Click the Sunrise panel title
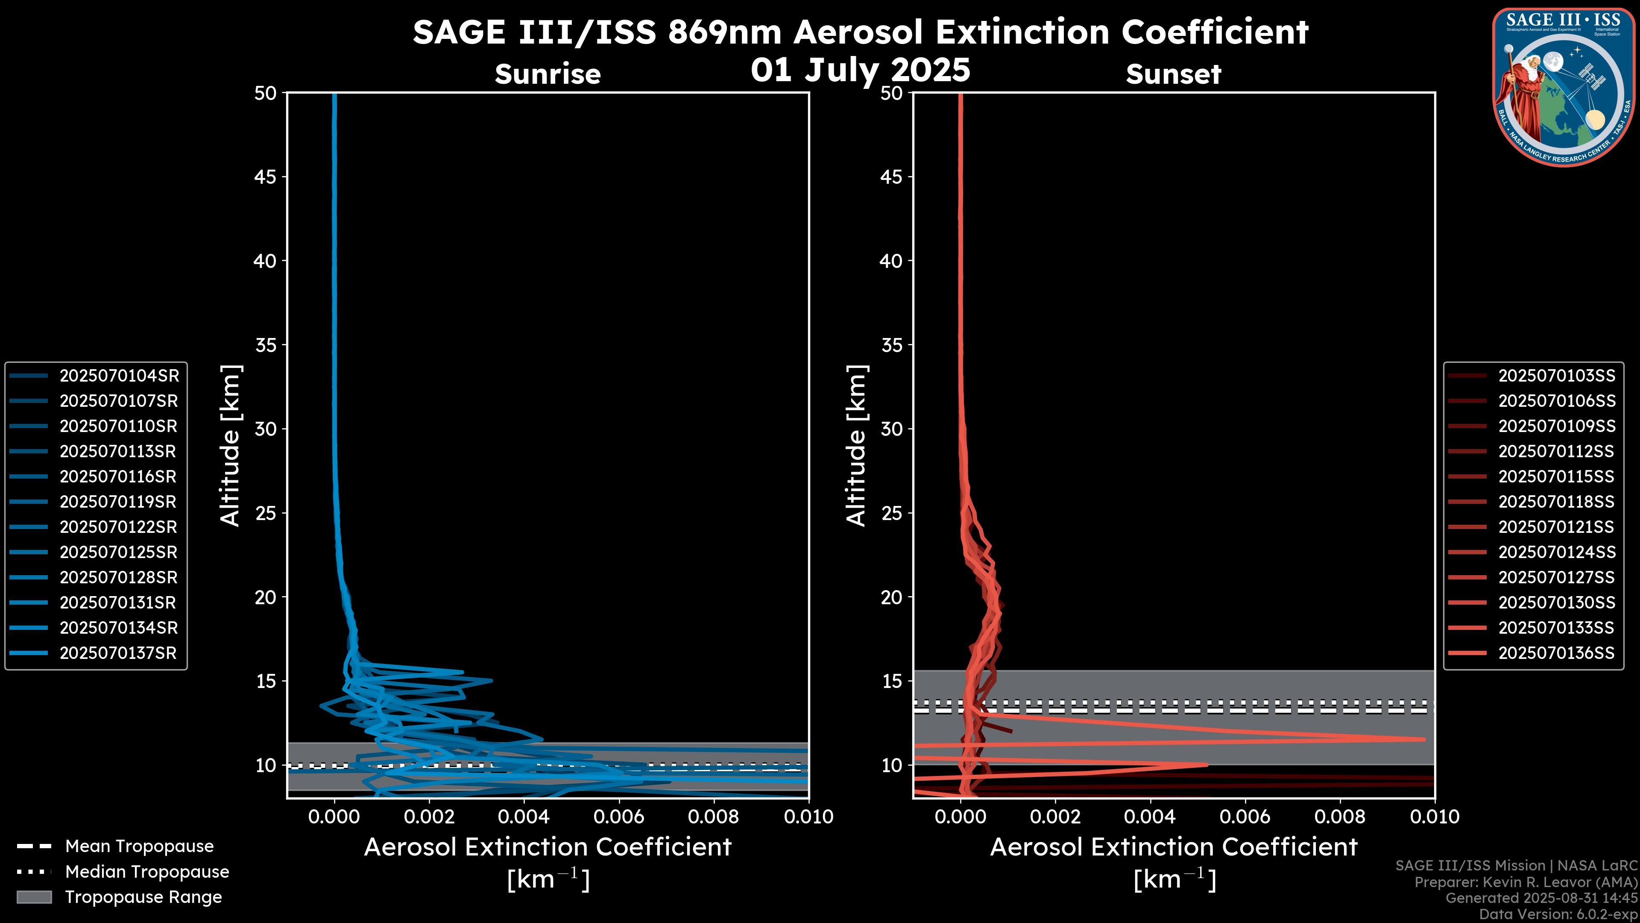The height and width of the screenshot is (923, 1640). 548,74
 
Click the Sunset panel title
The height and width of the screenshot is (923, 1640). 1173,74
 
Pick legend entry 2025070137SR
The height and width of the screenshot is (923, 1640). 118,653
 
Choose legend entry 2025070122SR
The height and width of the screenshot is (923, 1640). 118,527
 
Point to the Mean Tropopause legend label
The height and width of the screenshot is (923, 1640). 139,846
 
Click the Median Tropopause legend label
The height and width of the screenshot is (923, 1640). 147,871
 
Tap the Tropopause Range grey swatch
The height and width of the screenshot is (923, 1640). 34,897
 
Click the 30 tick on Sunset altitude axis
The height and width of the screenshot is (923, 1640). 891,429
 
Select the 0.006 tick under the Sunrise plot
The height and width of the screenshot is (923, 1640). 619,817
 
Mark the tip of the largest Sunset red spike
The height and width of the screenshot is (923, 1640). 1423,739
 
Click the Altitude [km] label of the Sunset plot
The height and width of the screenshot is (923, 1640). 856,446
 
